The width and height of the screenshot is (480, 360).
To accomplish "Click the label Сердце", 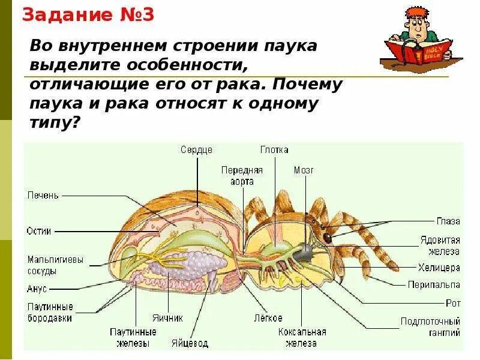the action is (x=196, y=150).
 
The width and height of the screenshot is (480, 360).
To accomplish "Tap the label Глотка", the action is (x=274, y=150).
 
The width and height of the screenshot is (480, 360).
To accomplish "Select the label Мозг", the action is (x=304, y=170).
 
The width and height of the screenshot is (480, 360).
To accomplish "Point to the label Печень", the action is (x=43, y=196).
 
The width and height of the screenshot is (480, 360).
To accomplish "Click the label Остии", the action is (x=39, y=230).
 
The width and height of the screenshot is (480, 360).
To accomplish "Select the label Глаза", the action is (x=448, y=221).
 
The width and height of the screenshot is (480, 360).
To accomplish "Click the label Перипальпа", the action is (x=434, y=284).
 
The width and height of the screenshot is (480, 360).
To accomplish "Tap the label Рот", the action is (x=453, y=304).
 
